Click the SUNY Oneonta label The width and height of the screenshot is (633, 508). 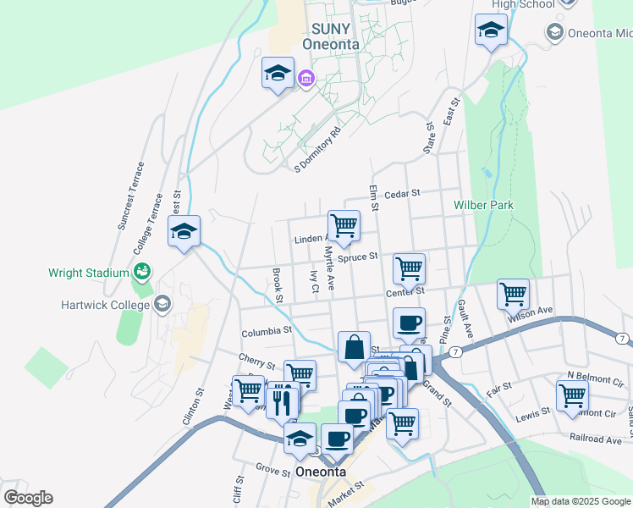(330, 36)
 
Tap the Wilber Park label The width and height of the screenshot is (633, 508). (483, 205)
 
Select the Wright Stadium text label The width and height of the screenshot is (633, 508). (89, 273)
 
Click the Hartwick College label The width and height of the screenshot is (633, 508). (104, 304)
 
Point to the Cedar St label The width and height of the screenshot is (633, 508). (402, 194)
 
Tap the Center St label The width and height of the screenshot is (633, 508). (405, 293)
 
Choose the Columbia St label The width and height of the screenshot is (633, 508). (266, 331)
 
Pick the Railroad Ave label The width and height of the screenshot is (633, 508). (596, 439)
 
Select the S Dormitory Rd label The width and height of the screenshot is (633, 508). (317, 150)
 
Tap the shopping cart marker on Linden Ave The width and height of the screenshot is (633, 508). (344, 225)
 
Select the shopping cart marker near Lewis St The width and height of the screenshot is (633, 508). (572, 395)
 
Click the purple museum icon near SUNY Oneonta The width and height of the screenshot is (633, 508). (305, 80)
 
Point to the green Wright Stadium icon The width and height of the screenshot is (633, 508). (141, 272)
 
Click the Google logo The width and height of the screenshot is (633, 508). (28, 498)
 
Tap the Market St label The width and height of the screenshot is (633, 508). (347, 487)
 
